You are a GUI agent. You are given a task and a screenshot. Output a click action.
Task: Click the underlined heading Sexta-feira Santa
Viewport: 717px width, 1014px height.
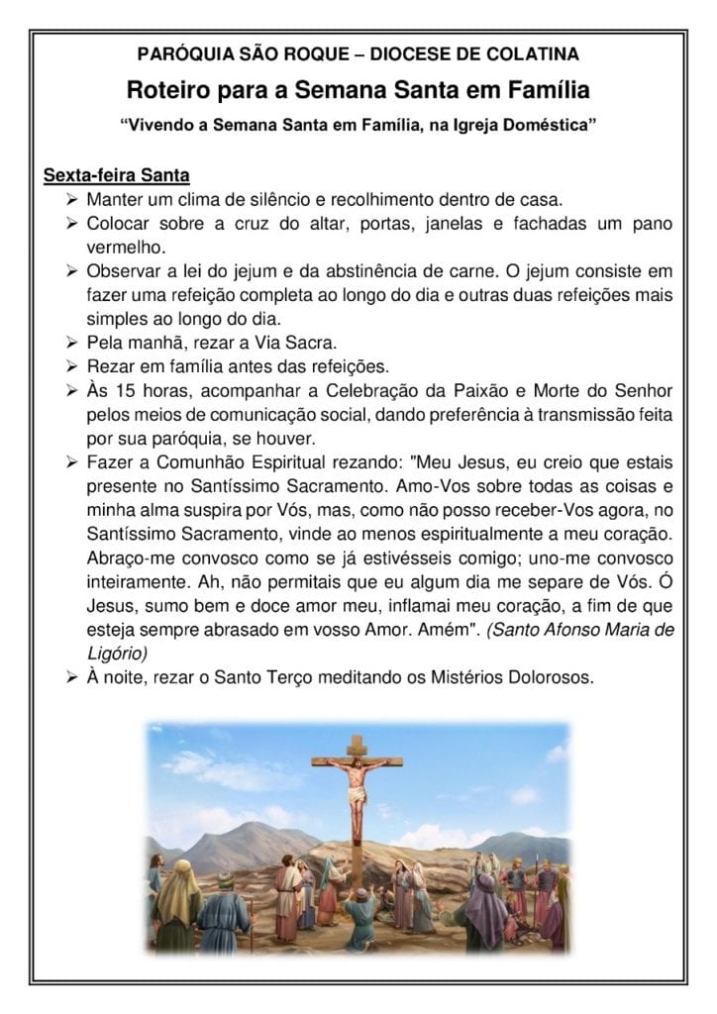[116, 177]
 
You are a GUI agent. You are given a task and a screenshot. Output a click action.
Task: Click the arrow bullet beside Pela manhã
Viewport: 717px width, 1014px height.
[72, 343]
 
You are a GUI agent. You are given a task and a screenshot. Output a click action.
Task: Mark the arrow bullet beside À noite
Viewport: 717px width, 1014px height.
[72, 678]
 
